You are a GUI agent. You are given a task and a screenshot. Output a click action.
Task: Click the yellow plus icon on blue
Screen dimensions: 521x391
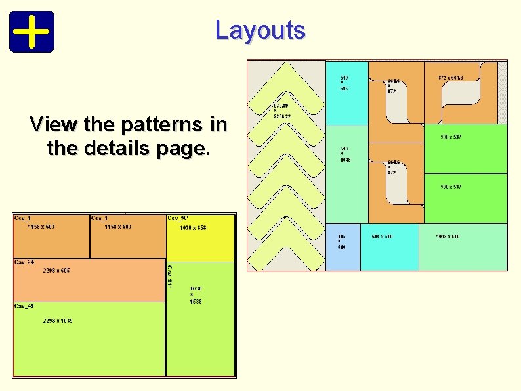tap(31, 32)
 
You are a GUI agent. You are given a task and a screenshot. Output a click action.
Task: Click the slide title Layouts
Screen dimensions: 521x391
tap(260, 30)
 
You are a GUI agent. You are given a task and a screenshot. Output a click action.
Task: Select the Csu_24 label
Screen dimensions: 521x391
tap(25, 262)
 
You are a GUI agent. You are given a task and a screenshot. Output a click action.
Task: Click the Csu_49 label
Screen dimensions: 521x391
tap(25, 306)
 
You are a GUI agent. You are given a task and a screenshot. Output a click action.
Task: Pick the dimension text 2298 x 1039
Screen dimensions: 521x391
tap(58, 321)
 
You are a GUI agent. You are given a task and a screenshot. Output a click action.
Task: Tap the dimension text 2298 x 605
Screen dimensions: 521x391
tap(56, 271)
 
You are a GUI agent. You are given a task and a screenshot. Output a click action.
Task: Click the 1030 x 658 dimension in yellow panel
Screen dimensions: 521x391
tap(193, 228)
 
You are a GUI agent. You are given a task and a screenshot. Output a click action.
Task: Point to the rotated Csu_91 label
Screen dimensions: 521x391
tap(169, 276)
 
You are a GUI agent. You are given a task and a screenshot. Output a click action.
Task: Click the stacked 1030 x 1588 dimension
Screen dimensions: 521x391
tap(196, 295)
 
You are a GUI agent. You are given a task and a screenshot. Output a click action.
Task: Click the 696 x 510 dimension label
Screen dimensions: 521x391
tap(383, 236)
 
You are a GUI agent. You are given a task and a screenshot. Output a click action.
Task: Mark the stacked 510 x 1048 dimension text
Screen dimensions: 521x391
tap(344, 154)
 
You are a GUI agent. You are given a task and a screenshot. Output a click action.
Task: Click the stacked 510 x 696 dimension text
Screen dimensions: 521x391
tap(344, 82)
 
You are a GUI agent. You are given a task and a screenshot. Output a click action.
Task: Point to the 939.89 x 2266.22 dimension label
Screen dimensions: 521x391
tap(282, 111)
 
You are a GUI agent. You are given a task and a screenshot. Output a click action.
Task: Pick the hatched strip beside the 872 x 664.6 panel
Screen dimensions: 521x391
tap(503, 92)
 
